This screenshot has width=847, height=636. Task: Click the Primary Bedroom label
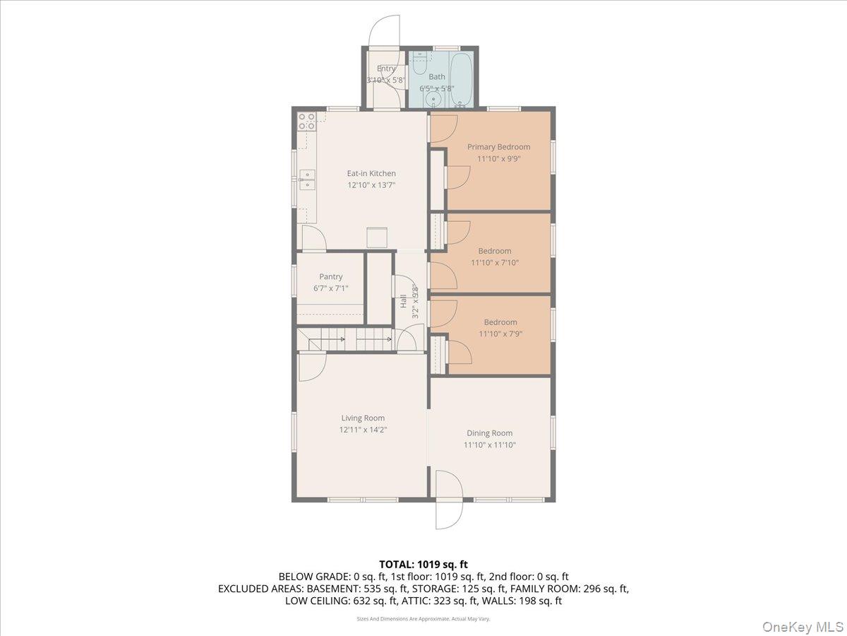click(498, 147)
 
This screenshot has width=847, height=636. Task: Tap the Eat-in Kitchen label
click(371, 173)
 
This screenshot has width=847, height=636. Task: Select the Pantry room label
click(330, 277)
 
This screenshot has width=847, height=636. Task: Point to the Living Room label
click(363, 418)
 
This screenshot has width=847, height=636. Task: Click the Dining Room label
click(489, 433)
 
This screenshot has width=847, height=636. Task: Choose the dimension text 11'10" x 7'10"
click(494, 263)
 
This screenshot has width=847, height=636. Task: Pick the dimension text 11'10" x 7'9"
click(500, 334)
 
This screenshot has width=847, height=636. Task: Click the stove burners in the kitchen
click(306, 121)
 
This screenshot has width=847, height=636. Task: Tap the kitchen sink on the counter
click(306, 180)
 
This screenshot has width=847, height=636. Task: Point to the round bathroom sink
click(433, 100)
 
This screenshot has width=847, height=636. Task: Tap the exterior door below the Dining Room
click(448, 502)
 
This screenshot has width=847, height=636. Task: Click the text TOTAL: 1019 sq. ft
click(423, 564)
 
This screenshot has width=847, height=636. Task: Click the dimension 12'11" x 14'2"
click(363, 430)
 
